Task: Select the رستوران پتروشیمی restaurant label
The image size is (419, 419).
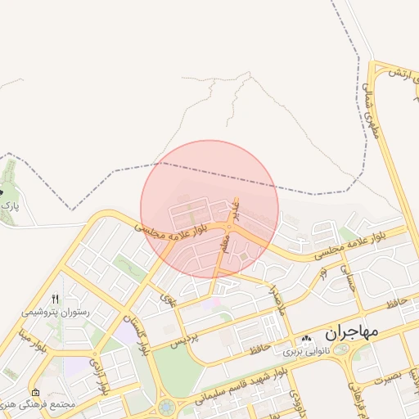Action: click(55, 313)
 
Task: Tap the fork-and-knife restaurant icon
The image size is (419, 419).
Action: click(56, 299)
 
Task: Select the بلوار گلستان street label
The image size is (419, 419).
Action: click(136, 333)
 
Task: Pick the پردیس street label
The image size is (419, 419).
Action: click(183, 340)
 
